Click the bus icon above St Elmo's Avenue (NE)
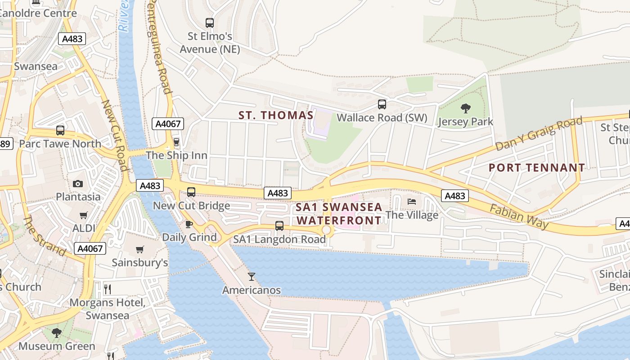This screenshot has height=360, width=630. (x=210, y=22)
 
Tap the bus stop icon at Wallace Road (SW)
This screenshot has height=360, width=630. (x=382, y=104)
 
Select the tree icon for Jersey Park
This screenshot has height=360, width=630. (x=466, y=108)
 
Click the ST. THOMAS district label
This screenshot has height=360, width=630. (x=276, y=115)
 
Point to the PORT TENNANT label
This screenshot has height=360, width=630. (x=537, y=168)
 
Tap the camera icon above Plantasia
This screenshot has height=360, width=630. (x=78, y=184)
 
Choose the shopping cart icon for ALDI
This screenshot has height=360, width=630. (x=83, y=215)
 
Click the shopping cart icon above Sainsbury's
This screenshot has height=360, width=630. (x=140, y=249)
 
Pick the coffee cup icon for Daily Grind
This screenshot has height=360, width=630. (x=189, y=224)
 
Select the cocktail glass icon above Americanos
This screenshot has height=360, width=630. (x=252, y=277)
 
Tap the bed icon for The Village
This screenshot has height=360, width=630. (x=412, y=202)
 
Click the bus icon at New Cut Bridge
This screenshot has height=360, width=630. (x=191, y=192)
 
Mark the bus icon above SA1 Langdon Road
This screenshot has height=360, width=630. (x=279, y=226)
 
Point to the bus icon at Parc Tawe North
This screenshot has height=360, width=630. (x=60, y=130)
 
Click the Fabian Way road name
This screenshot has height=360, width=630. (x=519, y=216)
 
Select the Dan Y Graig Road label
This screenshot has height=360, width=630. (x=538, y=134)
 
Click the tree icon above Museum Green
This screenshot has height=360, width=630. (x=57, y=333)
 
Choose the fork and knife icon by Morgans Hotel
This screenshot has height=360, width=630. (x=108, y=288)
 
